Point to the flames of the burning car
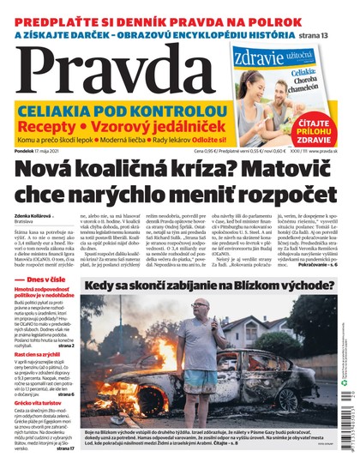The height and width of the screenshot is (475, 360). coord(129,390)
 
